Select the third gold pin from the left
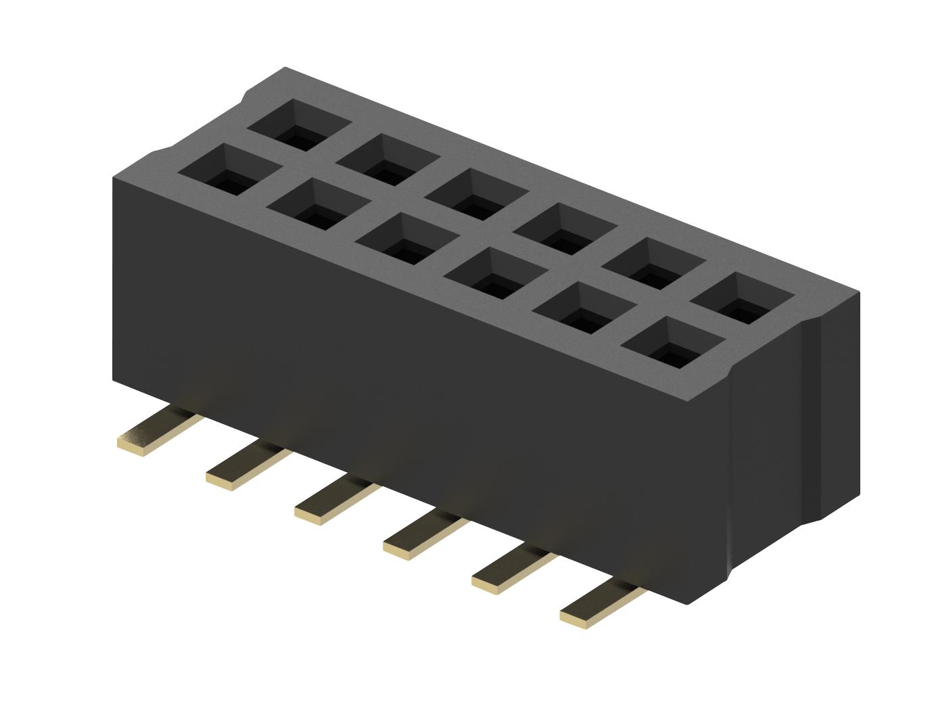[x=335, y=501]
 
